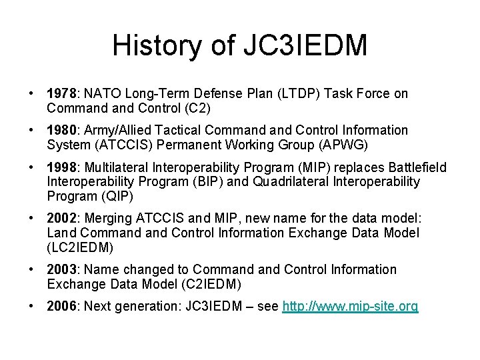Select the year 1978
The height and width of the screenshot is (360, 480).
pyautogui.click(x=61, y=94)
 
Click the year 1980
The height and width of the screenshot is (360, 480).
pyautogui.click(x=61, y=130)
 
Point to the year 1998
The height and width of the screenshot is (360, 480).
pyautogui.click(x=61, y=167)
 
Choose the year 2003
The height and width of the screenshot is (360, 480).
pyautogui.click(x=61, y=269)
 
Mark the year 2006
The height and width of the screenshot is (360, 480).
pyautogui.click(x=61, y=306)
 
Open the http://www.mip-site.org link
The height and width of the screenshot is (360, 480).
pyautogui.click(x=351, y=307)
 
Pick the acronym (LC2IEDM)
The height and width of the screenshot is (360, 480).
pyautogui.click(x=79, y=247)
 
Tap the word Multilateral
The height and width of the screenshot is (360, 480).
pyautogui.click(x=115, y=167)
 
